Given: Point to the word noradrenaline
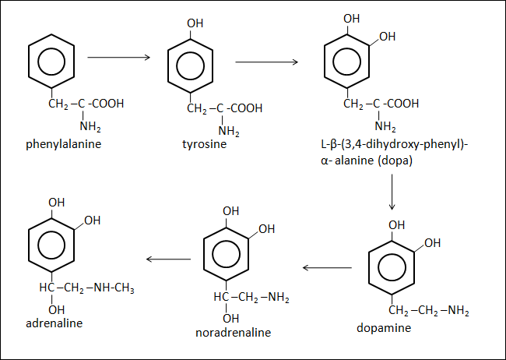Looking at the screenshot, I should (234, 333).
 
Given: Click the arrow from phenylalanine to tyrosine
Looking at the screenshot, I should (118, 57).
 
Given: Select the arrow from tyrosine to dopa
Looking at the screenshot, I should (267, 62).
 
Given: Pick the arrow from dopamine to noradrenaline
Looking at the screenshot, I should (327, 268).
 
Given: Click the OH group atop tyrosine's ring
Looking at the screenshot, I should (195, 23).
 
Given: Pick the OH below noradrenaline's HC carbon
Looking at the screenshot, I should (230, 317).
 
